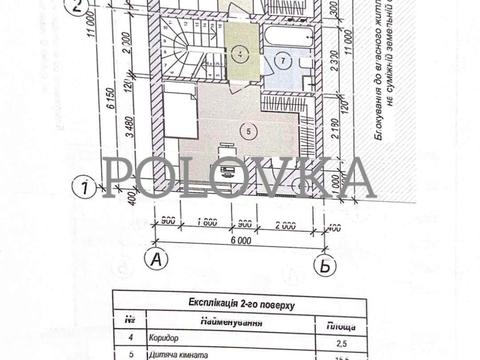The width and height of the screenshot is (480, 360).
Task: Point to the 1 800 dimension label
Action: [x=208, y=222]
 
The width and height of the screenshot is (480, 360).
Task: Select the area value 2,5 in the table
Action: [x=334, y=344]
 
